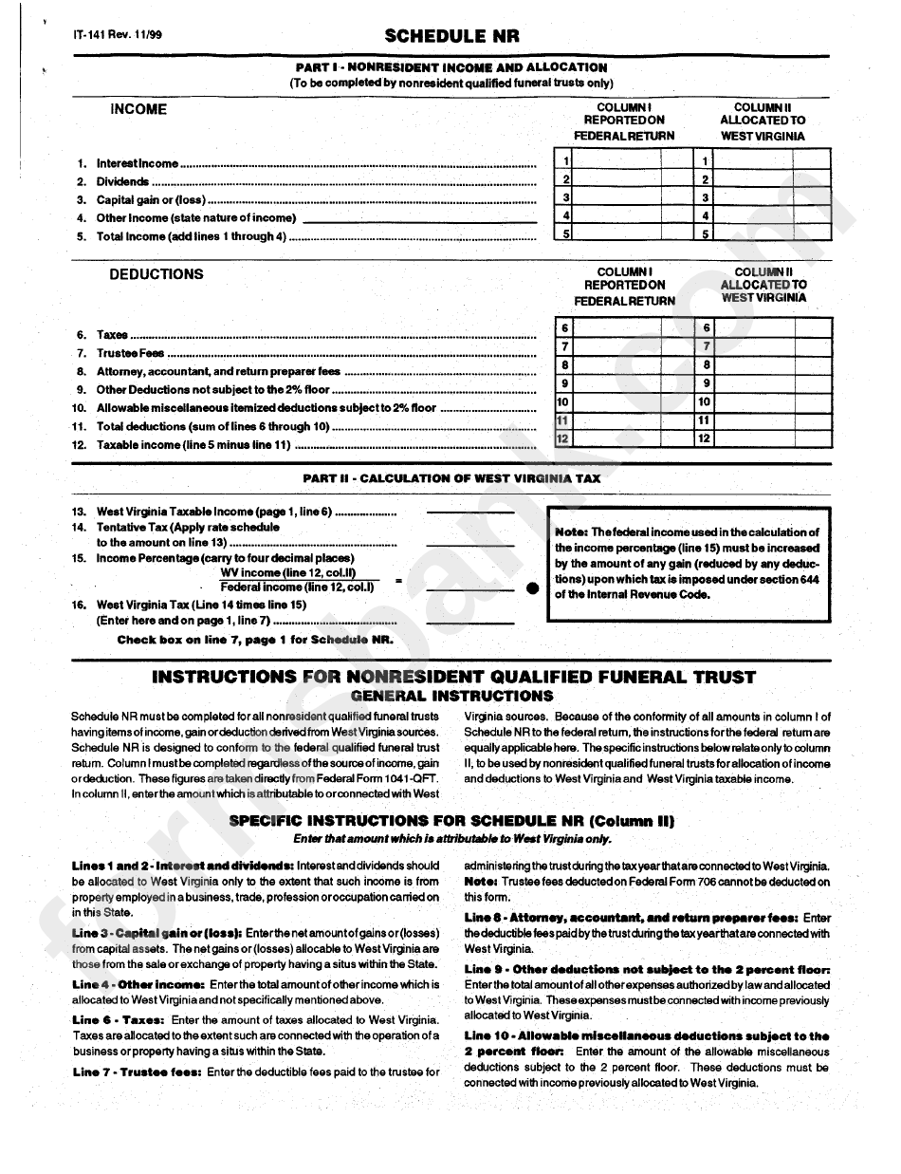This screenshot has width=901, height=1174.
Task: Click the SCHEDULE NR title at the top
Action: click(x=451, y=37)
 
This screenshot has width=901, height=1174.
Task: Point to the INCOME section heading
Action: click(x=138, y=110)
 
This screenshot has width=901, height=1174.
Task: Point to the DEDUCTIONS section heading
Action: click(x=156, y=274)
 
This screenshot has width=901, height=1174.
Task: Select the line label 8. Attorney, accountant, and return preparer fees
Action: click(x=218, y=372)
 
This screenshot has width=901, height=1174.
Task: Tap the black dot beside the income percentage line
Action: click(x=532, y=587)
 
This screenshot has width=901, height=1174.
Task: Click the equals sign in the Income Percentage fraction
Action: click(x=399, y=580)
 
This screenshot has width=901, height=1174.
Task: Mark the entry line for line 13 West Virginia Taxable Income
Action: click(x=470, y=512)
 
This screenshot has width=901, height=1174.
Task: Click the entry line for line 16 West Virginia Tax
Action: click(x=470, y=622)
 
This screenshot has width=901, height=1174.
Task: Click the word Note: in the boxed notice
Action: click(x=572, y=532)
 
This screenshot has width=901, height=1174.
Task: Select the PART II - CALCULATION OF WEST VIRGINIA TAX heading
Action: click(x=451, y=478)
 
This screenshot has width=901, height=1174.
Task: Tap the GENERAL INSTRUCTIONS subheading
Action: click(x=451, y=696)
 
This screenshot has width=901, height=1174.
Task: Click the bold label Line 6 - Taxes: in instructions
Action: click(x=119, y=1019)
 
